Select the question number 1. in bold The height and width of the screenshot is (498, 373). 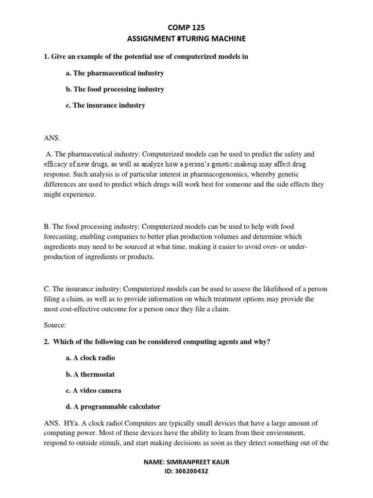47,57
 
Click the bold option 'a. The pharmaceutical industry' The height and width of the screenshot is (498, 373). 115,73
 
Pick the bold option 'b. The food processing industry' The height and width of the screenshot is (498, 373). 115,89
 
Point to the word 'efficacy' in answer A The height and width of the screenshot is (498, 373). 56,165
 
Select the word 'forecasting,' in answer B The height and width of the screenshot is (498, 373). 61,237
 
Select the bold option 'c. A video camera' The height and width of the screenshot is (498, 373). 93,390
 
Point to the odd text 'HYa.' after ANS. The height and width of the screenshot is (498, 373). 72,424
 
